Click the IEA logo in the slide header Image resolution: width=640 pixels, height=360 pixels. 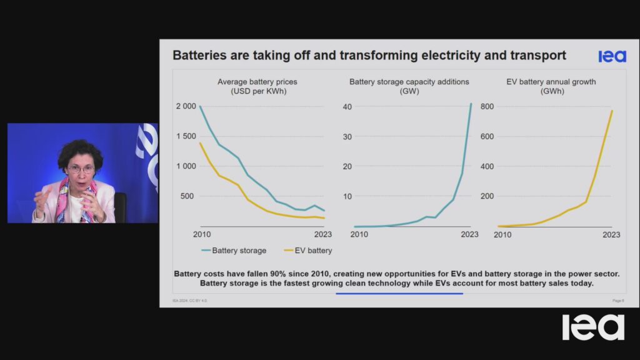click(x=612, y=56)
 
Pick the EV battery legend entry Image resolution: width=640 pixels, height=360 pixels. click(x=307, y=251)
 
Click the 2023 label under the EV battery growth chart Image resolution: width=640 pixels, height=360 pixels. click(x=611, y=235)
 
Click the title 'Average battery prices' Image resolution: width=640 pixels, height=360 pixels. click(x=257, y=82)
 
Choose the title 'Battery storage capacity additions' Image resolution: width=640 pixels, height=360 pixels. click(x=409, y=82)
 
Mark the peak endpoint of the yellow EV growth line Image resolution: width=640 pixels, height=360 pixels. click(x=612, y=111)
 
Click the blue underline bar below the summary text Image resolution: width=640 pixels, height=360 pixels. click(x=399, y=293)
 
